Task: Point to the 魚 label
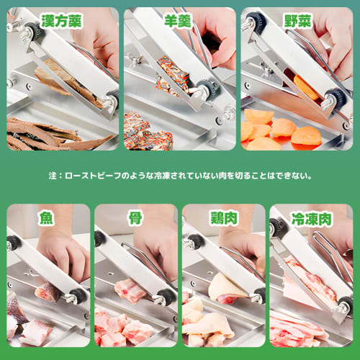47,217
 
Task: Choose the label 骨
135,217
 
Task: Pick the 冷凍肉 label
311,217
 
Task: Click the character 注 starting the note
52,175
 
